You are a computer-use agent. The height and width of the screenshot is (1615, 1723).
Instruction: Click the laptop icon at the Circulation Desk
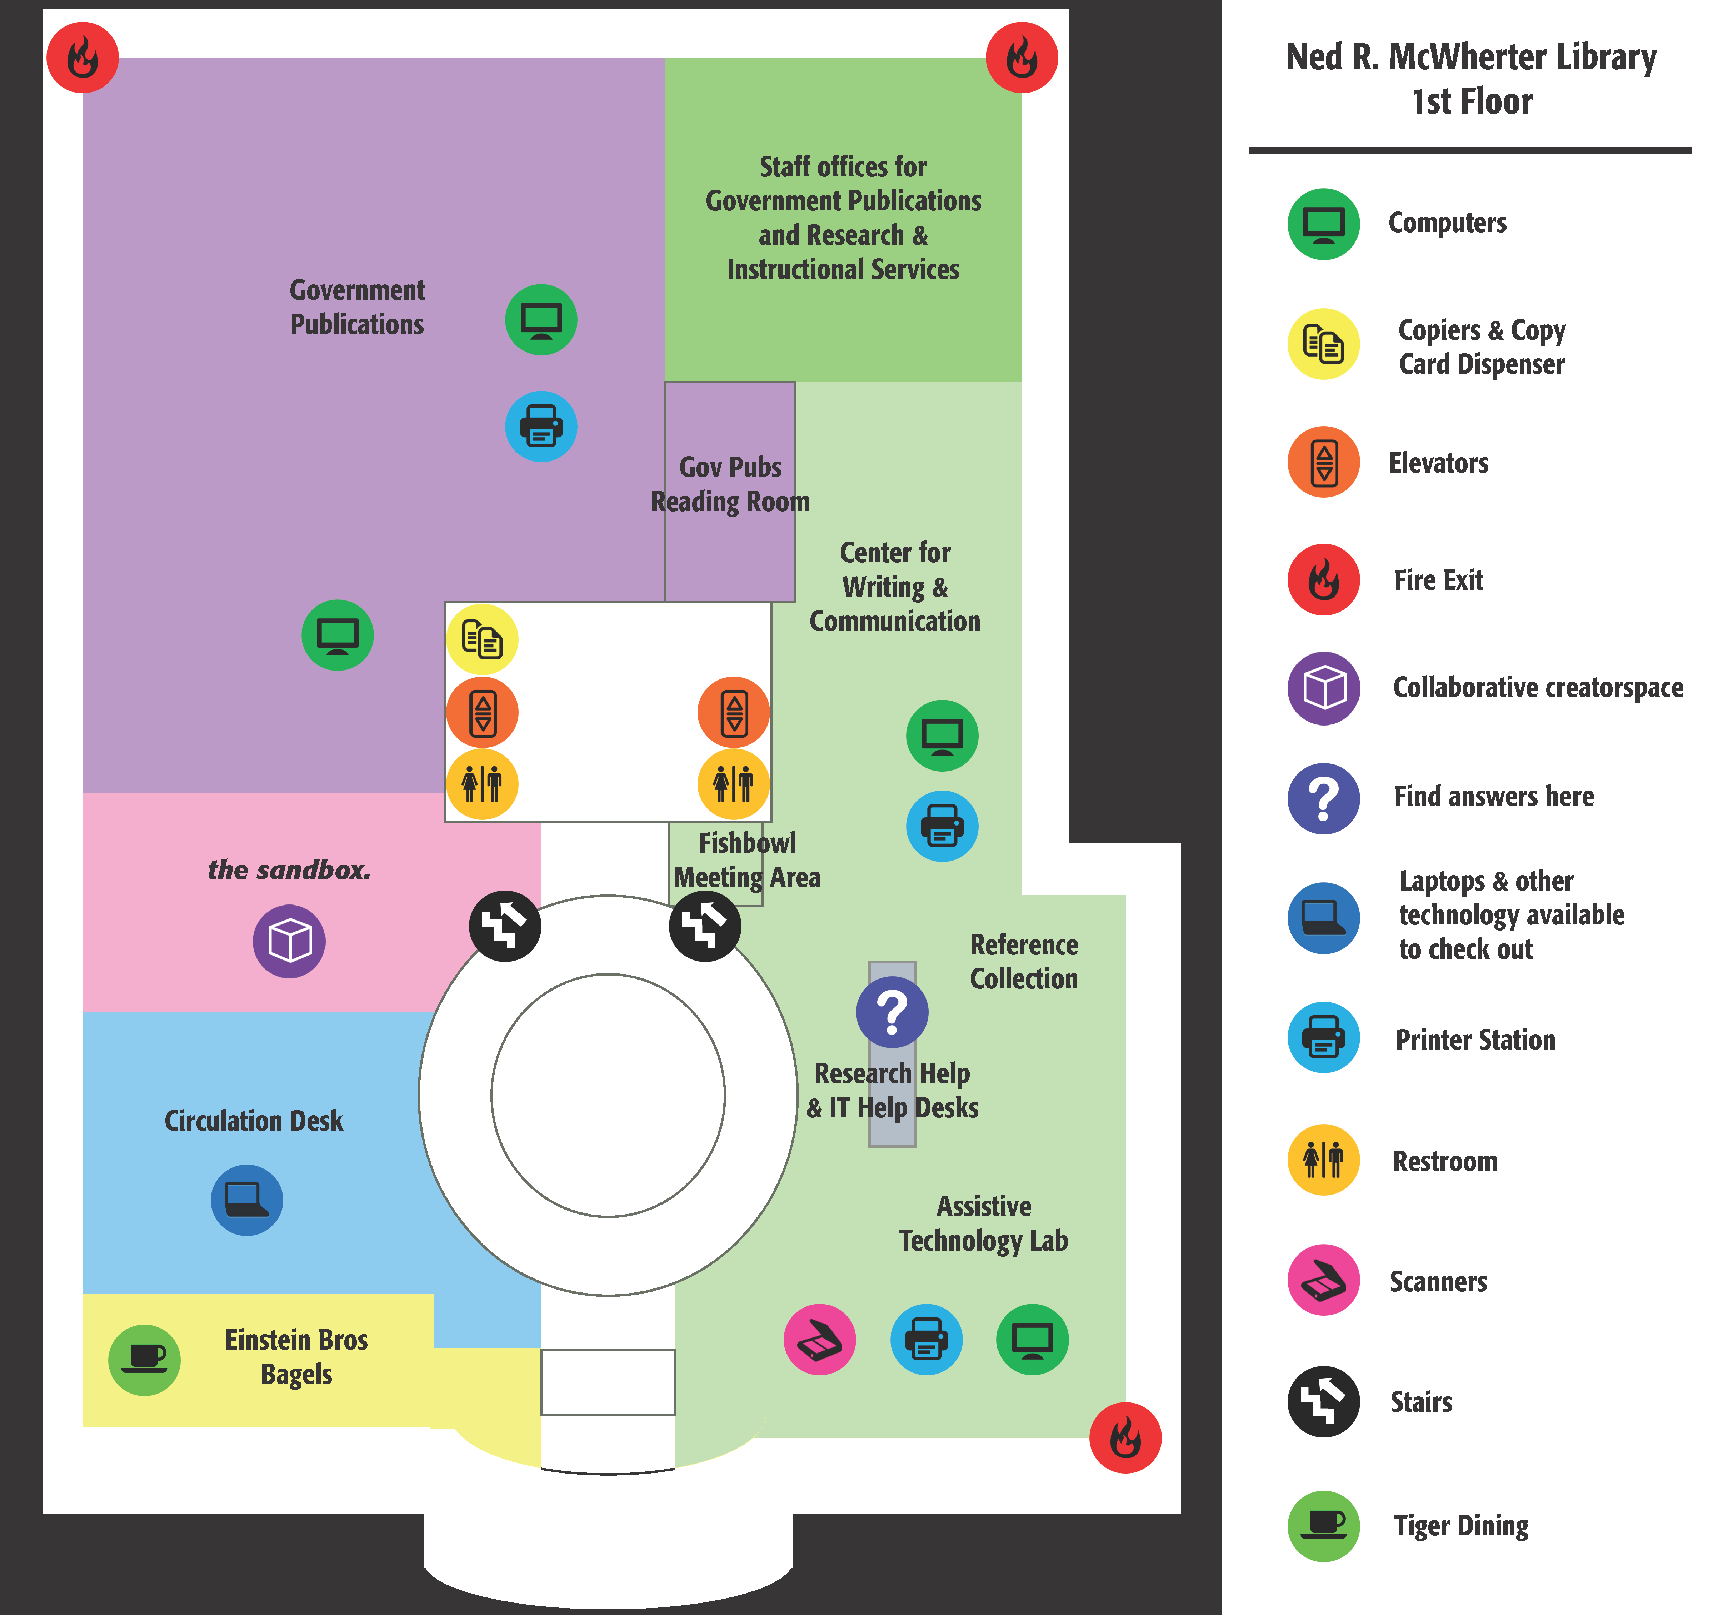tap(247, 1200)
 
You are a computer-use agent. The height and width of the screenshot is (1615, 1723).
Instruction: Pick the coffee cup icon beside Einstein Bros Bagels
tap(144, 1359)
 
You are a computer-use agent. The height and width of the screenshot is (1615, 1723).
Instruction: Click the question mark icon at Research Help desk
tap(892, 1012)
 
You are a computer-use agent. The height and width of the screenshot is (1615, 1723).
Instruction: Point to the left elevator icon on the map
tap(482, 713)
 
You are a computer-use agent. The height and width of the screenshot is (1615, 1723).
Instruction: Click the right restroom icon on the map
tap(733, 784)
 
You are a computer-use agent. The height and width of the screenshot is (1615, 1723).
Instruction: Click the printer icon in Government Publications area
tap(541, 427)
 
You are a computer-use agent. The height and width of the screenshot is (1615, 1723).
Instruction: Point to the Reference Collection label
tap(1024, 961)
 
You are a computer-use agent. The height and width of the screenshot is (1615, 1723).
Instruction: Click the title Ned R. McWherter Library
tap(1471, 57)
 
